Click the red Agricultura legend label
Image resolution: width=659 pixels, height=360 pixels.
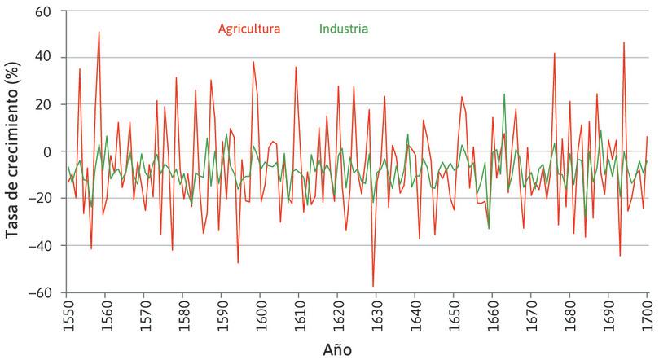pos(249,29)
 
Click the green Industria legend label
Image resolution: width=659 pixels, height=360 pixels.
pos(343,29)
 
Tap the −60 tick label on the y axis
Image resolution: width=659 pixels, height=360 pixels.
pos(42,292)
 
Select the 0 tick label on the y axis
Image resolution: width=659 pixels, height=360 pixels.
pos(49,152)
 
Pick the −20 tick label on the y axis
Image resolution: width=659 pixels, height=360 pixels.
pos(42,199)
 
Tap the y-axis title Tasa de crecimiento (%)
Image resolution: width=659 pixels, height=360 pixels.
pos(13,152)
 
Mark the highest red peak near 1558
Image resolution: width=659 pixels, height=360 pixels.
pos(99,33)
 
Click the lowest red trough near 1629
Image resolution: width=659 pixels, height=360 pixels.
pos(374,287)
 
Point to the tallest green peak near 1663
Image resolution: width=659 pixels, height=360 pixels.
pos(505,94)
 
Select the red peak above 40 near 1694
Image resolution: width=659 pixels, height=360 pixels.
pos(625,43)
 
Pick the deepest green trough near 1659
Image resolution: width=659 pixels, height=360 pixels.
pos(489,229)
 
